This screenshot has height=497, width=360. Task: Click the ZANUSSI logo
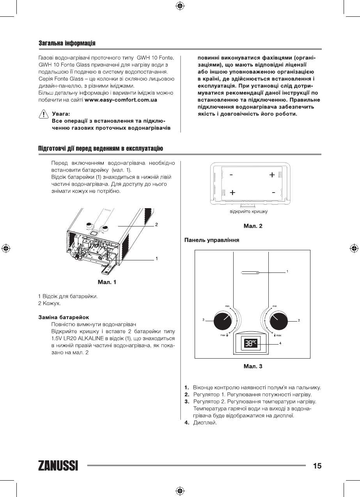(x=58, y=465)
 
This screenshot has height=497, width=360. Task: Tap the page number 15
(x=317, y=465)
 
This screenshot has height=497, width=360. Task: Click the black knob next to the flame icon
(x=223, y=320)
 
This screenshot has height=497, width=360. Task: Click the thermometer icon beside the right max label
(x=275, y=335)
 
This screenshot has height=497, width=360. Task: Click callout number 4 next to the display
(x=280, y=343)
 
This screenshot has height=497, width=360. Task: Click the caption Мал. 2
(x=252, y=226)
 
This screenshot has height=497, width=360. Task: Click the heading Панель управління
(x=211, y=240)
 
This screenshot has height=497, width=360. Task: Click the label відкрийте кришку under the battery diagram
(x=248, y=212)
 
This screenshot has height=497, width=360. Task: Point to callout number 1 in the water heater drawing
(x=156, y=258)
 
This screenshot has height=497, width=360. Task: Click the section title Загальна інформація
(x=67, y=42)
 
